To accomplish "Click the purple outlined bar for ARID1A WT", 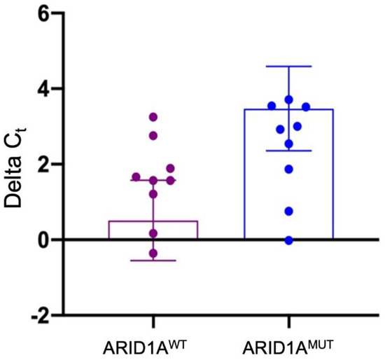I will point(153,230).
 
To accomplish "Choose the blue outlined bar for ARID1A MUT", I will point(288,175).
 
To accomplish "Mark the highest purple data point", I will point(153,117).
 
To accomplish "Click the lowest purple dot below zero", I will point(153,254).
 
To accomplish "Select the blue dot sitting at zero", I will point(288,240).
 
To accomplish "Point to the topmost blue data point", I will point(288,100).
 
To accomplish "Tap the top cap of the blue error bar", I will point(288,67).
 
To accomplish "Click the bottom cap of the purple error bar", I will point(153,261).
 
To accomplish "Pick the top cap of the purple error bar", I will point(153,180).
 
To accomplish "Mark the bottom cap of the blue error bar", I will point(288,151).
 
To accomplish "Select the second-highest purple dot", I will point(153,135).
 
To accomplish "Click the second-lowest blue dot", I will point(288,211).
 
